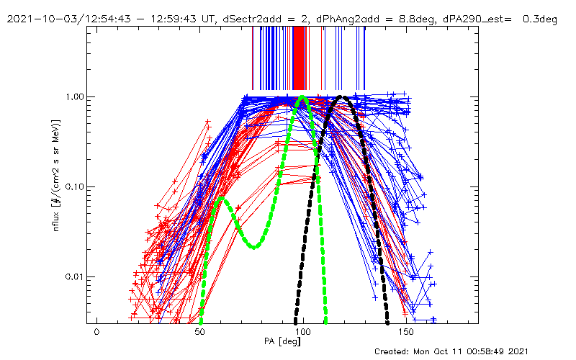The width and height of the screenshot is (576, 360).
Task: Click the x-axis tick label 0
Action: (96, 332)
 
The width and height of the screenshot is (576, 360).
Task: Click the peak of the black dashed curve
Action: (343, 96)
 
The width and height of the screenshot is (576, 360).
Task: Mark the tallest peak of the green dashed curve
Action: (302, 97)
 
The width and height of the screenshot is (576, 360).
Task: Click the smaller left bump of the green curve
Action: (222, 198)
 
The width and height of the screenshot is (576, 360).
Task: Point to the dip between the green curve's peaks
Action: (254, 247)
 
